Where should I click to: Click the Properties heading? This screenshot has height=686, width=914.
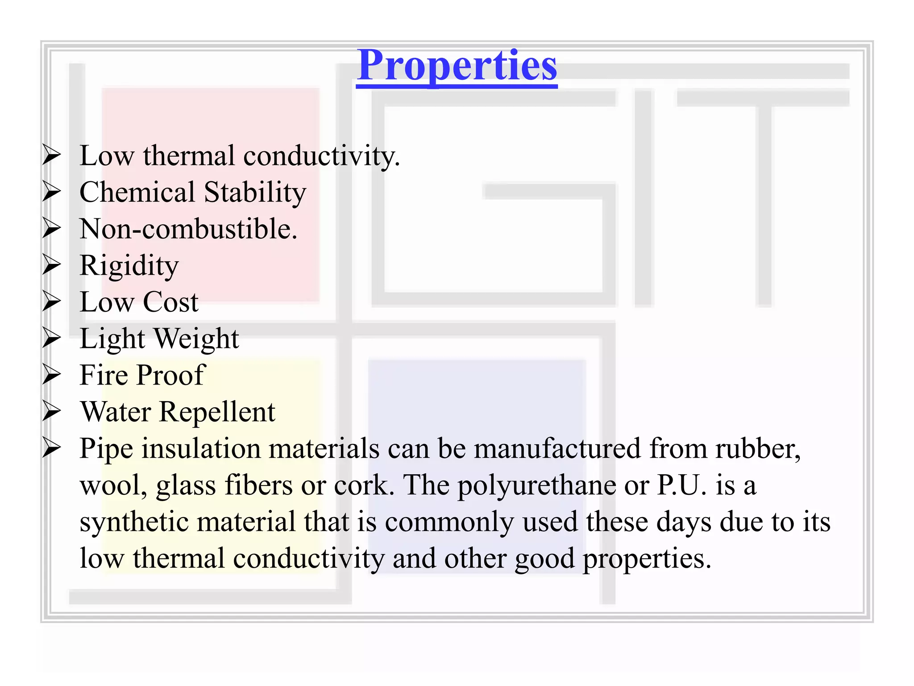click(x=457, y=66)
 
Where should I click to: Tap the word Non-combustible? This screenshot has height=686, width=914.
click(x=188, y=229)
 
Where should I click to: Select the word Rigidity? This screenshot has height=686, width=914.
click(x=129, y=266)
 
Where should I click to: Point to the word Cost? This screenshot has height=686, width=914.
click(x=170, y=302)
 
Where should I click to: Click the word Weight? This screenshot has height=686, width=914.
click(x=196, y=339)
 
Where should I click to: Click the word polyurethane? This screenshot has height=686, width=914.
click(x=537, y=485)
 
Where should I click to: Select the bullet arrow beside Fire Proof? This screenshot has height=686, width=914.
click(x=52, y=375)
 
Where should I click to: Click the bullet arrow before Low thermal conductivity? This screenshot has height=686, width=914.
click(x=52, y=155)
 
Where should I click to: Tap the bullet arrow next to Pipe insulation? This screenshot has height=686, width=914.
click(x=52, y=448)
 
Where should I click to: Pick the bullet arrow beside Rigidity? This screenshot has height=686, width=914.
click(x=52, y=265)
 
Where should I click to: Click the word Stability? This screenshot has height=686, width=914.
click(x=255, y=192)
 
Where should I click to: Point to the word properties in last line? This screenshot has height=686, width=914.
click(x=647, y=559)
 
